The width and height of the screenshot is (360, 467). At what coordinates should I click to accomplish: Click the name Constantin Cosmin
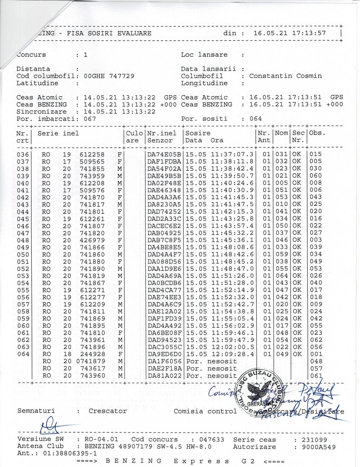tap(285, 76)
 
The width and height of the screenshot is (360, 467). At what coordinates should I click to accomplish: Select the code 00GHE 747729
tap(109, 76)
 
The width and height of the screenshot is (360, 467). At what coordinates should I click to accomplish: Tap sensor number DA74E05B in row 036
tap(164, 154)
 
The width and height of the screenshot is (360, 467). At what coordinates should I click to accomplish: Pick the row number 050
tap(23, 254)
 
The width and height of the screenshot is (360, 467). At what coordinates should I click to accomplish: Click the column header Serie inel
tap(58, 133)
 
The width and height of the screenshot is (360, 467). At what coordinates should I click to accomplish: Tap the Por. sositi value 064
tap(256, 119)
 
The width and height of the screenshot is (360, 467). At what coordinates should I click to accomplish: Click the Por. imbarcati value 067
tap(90, 119)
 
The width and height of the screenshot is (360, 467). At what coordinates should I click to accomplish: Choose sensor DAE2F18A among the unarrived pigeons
tap(164, 368)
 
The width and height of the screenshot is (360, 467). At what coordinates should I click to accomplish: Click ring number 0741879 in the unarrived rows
tap(90, 361)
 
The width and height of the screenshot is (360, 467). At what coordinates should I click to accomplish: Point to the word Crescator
tap(108, 411)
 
